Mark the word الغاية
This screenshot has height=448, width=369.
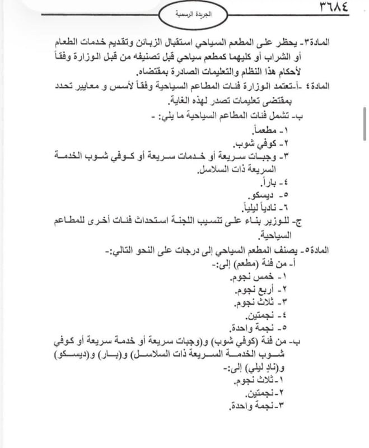click(181, 102)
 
